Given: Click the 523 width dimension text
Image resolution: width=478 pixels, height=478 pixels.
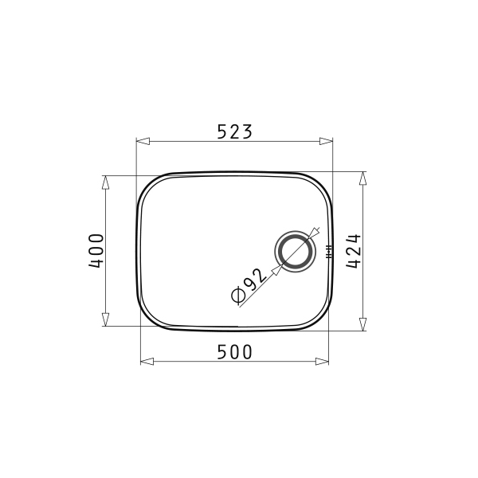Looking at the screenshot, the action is tap(235, 131).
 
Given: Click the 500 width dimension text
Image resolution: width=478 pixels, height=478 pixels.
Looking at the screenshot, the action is tap(235, 352).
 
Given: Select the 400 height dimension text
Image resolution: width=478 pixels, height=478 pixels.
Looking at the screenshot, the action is tap(96, 251).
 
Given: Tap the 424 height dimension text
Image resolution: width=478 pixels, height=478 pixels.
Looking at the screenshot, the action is tap(354, 251).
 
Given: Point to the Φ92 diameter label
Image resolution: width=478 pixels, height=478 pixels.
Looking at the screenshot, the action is tap(249, 286).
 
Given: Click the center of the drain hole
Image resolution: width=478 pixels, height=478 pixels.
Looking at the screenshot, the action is tap(295, 252).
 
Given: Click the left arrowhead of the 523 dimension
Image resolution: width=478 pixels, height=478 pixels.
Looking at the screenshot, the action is tap(143, 141).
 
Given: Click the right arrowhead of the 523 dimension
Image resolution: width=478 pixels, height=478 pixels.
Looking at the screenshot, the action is tap(326, 141).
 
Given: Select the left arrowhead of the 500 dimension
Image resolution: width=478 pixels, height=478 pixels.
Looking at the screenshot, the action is tap(147, 362).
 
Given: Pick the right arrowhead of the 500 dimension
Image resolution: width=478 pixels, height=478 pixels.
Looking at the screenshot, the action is tap(322, 362).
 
